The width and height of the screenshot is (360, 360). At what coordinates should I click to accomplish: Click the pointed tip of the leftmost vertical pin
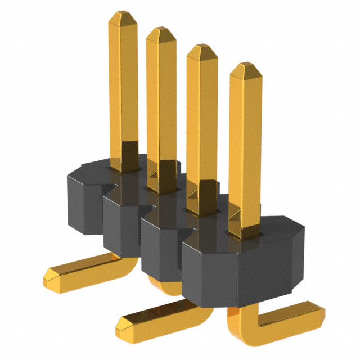click(121, 19)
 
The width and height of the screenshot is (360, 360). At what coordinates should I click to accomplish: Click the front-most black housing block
click(242, 270)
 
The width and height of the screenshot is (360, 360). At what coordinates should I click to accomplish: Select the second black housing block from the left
click(121, 225)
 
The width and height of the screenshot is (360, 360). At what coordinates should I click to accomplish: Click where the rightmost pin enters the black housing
click(245, 232)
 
